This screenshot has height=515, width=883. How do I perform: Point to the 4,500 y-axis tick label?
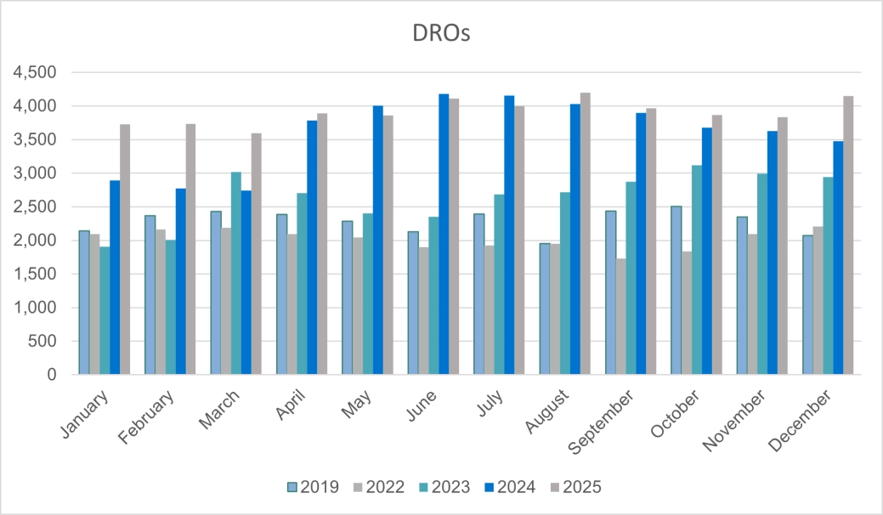coord(34,73)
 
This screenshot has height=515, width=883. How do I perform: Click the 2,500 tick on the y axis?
coord(34,207)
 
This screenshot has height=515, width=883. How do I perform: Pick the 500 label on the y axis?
coord(42,341)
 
